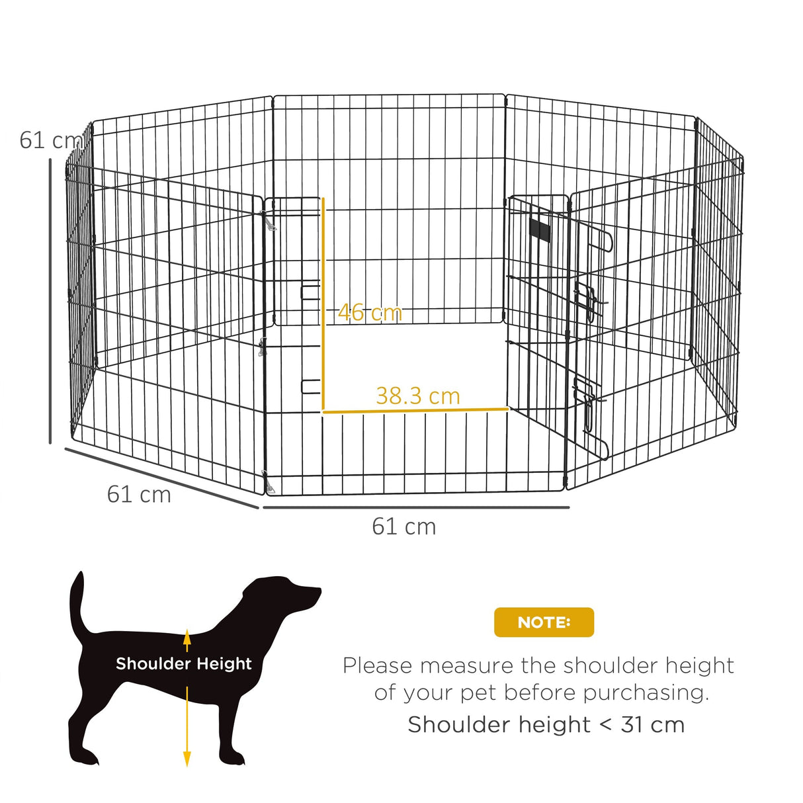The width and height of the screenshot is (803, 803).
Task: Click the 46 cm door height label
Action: (x=370, y=312)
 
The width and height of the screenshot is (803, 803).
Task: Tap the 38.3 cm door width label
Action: (x=417, y=396)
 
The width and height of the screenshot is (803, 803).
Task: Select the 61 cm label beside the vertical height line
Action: (x=50, y=140)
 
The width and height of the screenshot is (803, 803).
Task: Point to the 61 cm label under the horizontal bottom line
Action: (x=403, y=527)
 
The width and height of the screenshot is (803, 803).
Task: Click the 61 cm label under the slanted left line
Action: (x=139, y=494)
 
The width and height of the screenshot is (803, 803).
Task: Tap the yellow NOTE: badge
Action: (x=544, y=622)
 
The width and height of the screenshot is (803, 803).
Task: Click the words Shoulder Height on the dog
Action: (x=184, y=663)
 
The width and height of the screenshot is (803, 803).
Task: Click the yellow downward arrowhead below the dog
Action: (x=187, y=759)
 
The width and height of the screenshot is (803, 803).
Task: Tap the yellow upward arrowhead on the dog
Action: (x=187, y=637)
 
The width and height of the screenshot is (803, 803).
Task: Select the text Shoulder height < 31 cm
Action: (x=546, y=725)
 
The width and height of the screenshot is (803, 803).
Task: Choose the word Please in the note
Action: (x=377, y=665)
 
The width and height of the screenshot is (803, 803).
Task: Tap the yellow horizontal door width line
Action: (x=415, y=411)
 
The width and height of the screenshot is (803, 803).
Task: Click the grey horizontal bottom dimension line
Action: (x=416, y=507)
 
